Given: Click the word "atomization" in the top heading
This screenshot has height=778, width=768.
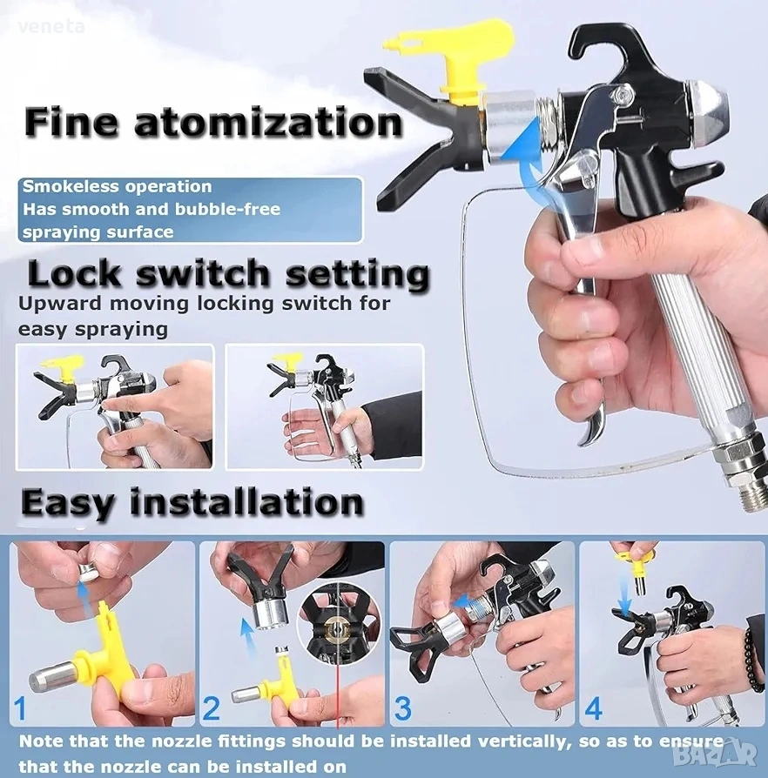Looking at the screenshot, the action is coord(268,123).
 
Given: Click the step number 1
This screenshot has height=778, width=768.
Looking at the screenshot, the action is coord(20,708).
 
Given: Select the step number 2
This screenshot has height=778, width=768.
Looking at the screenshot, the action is coord(211,708).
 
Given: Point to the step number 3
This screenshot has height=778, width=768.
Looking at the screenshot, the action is coord(402,708).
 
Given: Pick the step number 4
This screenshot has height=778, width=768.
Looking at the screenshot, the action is coord(593,708).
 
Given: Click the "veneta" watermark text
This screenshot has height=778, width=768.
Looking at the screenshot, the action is coord(51,27).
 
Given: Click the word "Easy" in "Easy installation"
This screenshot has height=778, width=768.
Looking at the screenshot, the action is coord(68,502).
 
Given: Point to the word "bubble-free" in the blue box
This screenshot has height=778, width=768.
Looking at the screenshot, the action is coord(228,210).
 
